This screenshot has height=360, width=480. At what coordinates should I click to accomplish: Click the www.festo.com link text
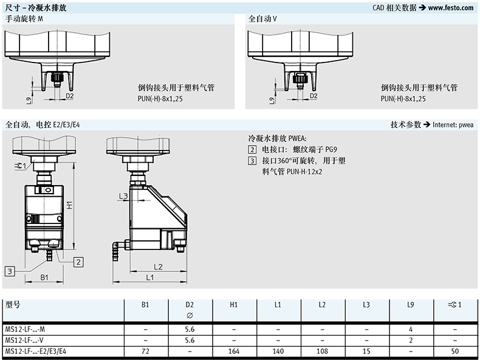[451, 8]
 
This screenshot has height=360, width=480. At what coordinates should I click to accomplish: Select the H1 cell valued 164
[234, 351]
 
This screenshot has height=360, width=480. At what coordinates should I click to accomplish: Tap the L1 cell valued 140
[278, 351]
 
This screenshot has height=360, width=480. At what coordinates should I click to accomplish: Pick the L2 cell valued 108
[322, 351]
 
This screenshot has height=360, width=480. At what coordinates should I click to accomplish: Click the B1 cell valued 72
[145, 351]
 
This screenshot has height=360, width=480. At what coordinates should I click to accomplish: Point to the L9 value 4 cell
[411, 330]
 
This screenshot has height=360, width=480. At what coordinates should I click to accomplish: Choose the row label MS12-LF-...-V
[24, 340]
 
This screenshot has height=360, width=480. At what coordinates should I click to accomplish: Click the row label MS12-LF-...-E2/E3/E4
[35, 351]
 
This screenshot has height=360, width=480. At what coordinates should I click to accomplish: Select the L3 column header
[366, 305]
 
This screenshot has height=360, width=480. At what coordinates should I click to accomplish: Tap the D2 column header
[190, 305]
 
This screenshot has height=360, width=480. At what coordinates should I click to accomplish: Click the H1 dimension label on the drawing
[70, 205]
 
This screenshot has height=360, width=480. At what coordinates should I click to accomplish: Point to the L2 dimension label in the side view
[158, 267]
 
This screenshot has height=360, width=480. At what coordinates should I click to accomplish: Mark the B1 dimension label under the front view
[44, 277]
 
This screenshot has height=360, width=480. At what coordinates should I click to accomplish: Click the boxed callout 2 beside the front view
[78, 262]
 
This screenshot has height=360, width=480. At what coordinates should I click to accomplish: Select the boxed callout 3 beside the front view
[10, 271]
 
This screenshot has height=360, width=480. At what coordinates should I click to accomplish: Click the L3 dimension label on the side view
[123, 196]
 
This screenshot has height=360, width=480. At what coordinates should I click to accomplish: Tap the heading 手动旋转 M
[24, 19]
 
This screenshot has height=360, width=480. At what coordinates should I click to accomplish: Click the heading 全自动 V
[262, 19]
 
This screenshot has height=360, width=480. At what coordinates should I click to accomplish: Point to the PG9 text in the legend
[331, 149]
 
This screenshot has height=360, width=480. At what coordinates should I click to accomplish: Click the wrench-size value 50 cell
[455, 351]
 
